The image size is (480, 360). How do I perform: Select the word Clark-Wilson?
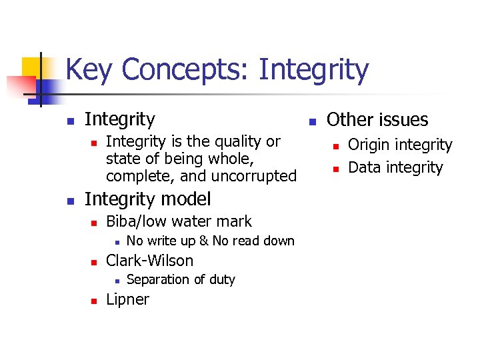point(149,261)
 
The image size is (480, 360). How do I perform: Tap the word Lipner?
point(127,299)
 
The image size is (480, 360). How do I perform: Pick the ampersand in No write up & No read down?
point(204,241)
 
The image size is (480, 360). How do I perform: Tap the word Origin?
point(370,145)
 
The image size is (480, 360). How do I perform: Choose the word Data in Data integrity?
point(364,167)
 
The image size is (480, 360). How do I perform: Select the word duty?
point(221,279)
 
